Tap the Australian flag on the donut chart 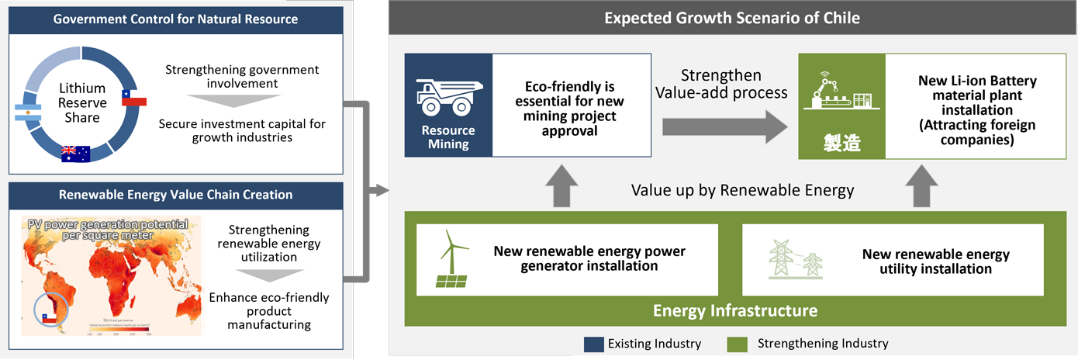(75, 153)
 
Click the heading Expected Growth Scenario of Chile (732, 17)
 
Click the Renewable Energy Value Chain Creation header (175, 195)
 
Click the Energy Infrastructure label (734, 311)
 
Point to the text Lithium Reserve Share (82, 104)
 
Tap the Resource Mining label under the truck (448, 137)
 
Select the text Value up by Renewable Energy (743, 190)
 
